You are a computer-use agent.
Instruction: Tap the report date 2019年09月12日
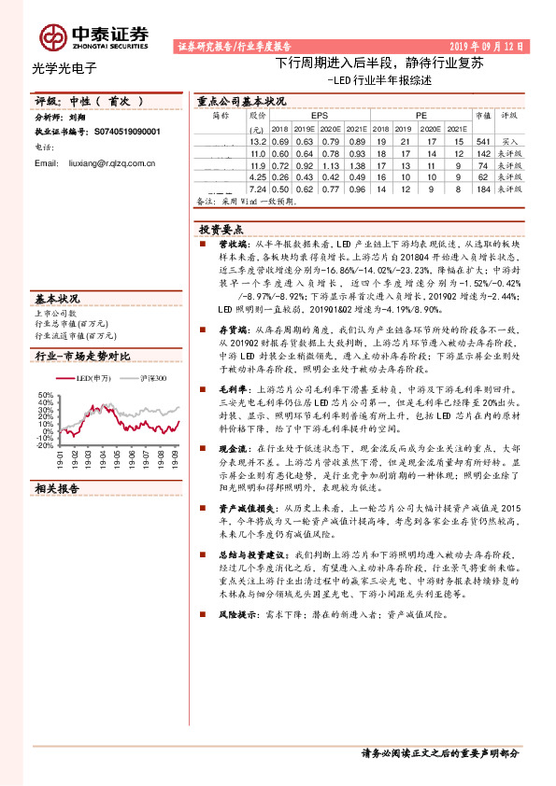pos(488,45)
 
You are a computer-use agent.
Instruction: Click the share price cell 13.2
pos(258,140)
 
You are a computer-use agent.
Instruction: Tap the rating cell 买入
pos(510,140)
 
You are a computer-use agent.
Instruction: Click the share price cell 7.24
pos(258,189)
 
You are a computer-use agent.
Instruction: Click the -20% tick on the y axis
pos(46,445)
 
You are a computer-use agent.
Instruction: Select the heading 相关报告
pos(57,488)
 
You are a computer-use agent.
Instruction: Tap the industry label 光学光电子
pos(64,67)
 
